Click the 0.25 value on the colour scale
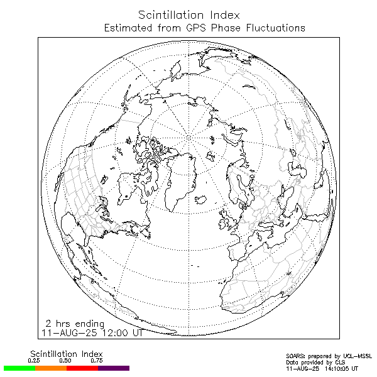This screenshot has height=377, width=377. [34, 361]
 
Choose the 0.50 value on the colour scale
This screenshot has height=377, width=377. [65, 361]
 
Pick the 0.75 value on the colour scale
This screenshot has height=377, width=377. [97, 361]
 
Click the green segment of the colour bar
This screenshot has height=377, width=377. [19, 368]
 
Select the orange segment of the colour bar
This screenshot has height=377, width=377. [50, 368]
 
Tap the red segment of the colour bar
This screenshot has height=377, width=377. [82, 368]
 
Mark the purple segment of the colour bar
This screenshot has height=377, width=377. [114, 368]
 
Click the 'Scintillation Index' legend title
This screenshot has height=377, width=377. [66, 354]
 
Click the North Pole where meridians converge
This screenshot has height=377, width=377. [189, 135]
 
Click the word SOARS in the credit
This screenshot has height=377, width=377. [296, 356]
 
